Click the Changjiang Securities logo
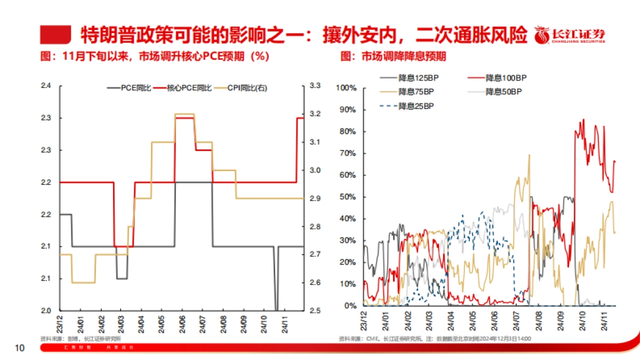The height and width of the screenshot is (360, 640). coord(570,35)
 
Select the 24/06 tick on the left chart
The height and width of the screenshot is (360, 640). coord(180,323)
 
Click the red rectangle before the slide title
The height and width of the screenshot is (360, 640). coord(55,35)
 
